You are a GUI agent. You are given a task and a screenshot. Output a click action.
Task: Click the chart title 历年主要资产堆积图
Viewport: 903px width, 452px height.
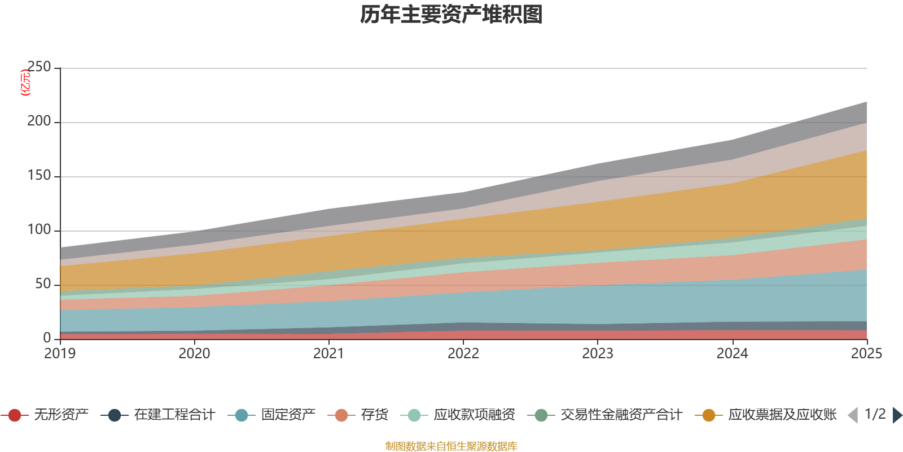tap(451, 15)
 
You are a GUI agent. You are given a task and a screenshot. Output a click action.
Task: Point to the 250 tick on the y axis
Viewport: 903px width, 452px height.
tap(39, 67)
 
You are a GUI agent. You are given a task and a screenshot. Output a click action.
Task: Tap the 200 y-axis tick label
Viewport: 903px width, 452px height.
tap(39, 121)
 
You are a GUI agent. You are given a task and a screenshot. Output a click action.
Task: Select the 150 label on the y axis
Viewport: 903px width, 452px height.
tap(39, 176)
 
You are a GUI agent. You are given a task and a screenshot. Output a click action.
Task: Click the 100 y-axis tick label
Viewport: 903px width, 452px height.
tap(39, 230)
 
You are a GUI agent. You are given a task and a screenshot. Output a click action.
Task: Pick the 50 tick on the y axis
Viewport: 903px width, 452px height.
tap(43, 284)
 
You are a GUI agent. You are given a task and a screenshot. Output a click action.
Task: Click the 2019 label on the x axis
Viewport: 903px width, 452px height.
tap(60, 354)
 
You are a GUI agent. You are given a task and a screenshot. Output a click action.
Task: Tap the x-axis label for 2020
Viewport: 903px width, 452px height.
tap(194, 354)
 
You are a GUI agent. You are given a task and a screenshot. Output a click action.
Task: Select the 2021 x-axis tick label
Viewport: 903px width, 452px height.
tap(328, 354)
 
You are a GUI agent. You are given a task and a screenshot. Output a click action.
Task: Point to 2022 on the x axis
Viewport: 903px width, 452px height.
tap(463, 354)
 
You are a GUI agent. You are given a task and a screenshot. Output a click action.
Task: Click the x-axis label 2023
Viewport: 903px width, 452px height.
tap(598, 354)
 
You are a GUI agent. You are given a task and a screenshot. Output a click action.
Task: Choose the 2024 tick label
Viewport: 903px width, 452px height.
tap(732, 354)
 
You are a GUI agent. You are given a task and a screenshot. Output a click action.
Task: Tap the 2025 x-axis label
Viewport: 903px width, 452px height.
tap(866, 354)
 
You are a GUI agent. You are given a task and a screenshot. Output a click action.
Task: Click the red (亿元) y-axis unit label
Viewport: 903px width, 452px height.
tap(25, 82)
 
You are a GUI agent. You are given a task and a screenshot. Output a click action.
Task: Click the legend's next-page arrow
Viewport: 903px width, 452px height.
tap(897, 415)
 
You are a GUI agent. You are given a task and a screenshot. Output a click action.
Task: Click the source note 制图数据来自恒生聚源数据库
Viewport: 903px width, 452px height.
tap(451, 446)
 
